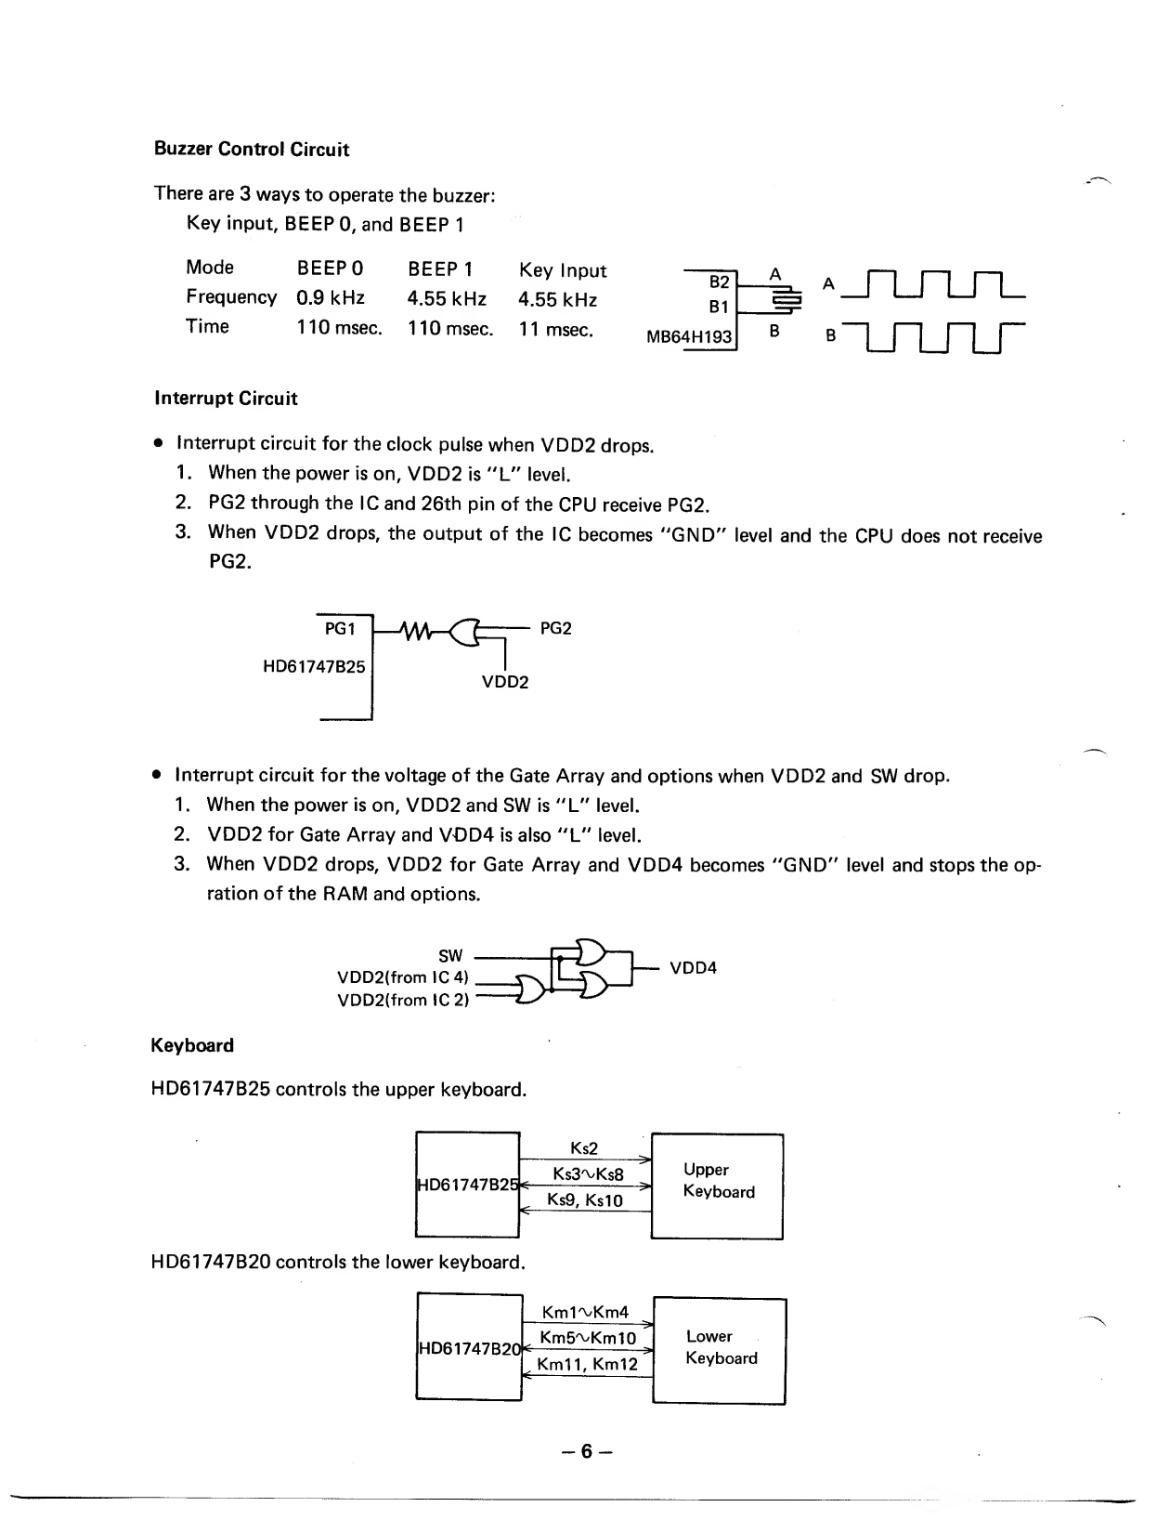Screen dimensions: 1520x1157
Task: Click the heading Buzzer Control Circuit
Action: tap(251, 150)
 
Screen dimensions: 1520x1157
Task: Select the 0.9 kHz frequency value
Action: tap(330, 298)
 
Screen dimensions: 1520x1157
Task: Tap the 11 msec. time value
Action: tap(555, 329)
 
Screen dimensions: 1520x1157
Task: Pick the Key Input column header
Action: tap(562, 270)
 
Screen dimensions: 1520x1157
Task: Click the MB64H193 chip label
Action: tap(689, 336)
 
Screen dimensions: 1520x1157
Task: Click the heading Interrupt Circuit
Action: tap(226, 399)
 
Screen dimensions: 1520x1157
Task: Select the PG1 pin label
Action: tap(340, 629)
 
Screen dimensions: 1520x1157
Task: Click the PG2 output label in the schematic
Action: tap(555, 629)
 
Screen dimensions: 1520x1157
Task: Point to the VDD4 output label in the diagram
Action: tap(693, 968)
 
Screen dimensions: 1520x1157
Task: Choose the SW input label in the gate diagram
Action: tap(450, 955)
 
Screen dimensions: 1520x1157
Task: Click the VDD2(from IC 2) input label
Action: tap(403, 1000)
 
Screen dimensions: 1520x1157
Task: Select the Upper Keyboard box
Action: tap(718, 1186)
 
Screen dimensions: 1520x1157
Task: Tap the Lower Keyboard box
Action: tap(721, 1349)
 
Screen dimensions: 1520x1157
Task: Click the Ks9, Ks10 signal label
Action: tap(585, 1199)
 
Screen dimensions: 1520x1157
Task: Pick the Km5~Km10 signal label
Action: tap(588, 1338)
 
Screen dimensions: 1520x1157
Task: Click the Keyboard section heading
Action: tap(192, 1045)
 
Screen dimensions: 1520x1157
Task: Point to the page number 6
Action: tap(585, 1451)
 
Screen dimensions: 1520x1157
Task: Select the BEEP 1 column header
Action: tap(440, 269)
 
